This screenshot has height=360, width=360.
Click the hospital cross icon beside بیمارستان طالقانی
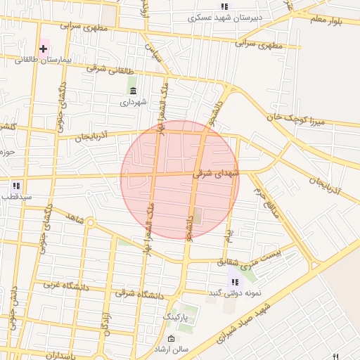44,49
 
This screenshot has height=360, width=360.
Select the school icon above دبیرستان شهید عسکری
224,6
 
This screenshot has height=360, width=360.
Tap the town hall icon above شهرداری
133,91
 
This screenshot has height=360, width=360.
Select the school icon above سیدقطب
15,186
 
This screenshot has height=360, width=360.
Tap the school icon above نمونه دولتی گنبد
234,282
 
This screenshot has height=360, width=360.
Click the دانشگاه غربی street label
44,285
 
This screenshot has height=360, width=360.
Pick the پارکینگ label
176,318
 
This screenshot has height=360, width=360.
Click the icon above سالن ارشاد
172,339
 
